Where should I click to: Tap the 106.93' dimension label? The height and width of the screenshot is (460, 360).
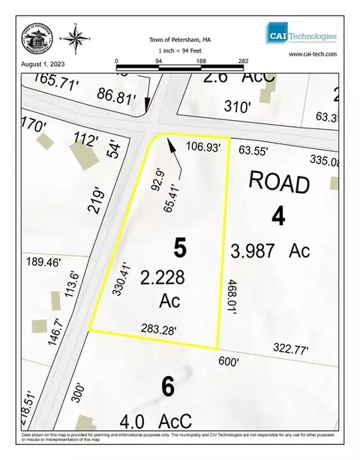[203, 148]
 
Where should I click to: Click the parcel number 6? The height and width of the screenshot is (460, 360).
[167, 387]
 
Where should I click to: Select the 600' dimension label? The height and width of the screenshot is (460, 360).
[227, 362]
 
